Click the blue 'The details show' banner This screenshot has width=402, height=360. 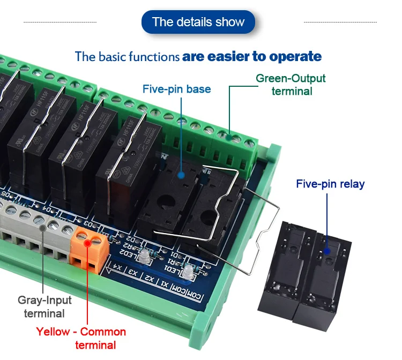pos(198,22)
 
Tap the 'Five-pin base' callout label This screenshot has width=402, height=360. pos(176,89)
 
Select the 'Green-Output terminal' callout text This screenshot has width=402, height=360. pos(291,85)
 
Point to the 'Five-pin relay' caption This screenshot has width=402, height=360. pos(330,184)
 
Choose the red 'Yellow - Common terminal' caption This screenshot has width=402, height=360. pos(81,338)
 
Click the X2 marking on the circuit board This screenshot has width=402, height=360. pos(152,279)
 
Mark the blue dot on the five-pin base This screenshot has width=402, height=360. pos(181,175)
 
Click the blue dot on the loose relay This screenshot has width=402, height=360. pos(326,250)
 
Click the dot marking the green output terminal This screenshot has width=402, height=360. pos(229,138)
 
